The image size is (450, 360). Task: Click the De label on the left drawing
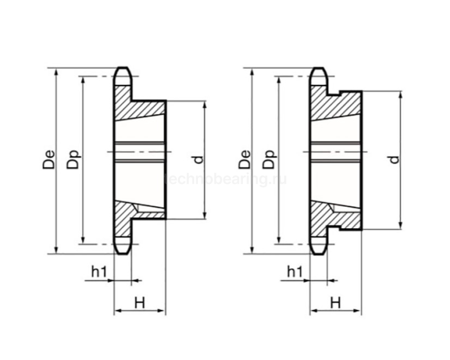coord(48,159)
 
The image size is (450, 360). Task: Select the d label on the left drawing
coord(197,159)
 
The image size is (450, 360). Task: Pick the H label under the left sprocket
coord(139,301)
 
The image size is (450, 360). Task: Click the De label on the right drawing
coord(244,159)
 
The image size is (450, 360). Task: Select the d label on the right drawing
coord(394,159)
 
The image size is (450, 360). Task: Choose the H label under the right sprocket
coord(335,301)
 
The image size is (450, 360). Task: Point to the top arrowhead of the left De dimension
coord(57,70)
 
